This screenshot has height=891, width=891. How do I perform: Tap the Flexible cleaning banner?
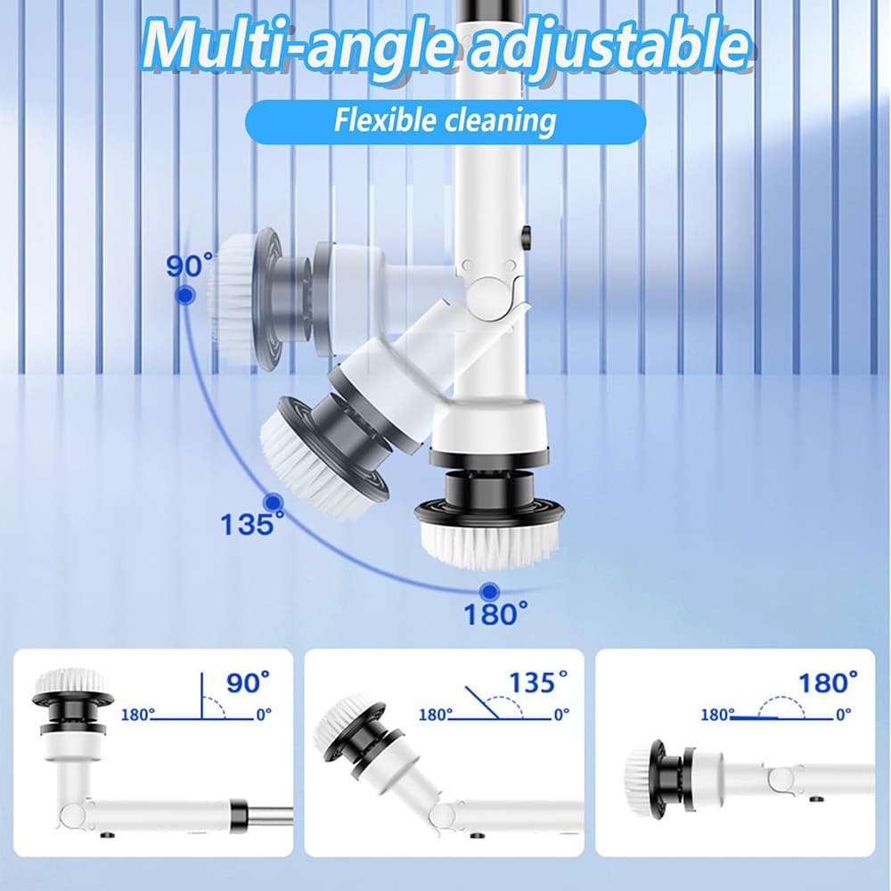pyautogui.click(x=445, y=121)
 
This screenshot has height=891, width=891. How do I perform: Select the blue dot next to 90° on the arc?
pyautogui.click(x=184, y=295)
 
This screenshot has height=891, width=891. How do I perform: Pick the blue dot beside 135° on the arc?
pyautogui.click(x=274, y=503)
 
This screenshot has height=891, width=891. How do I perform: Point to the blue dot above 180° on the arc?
pyautogui.click(x=488, y=592)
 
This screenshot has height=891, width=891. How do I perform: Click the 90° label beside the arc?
pyautogui.click(x=190, y=266)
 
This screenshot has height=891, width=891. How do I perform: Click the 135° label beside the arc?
pyautogui.click(x=252, y=524)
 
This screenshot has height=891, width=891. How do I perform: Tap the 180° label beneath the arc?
pyautogui.click(x=495, y=614)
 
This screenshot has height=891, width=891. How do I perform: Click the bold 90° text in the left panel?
pyautogui.click(x=248, y=683)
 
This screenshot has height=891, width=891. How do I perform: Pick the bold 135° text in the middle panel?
pyautogui.click(x=537, y=683)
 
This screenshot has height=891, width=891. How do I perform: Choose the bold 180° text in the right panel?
pyautogui.click(x=828, y=683)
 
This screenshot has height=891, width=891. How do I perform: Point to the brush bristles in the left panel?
pyautogui.click(x=71, y=681)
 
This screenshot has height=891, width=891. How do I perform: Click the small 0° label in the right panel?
pyautogui.click(x=843, y=714)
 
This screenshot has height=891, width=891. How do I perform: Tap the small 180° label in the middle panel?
pyautogui.click(x=436, y=714)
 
